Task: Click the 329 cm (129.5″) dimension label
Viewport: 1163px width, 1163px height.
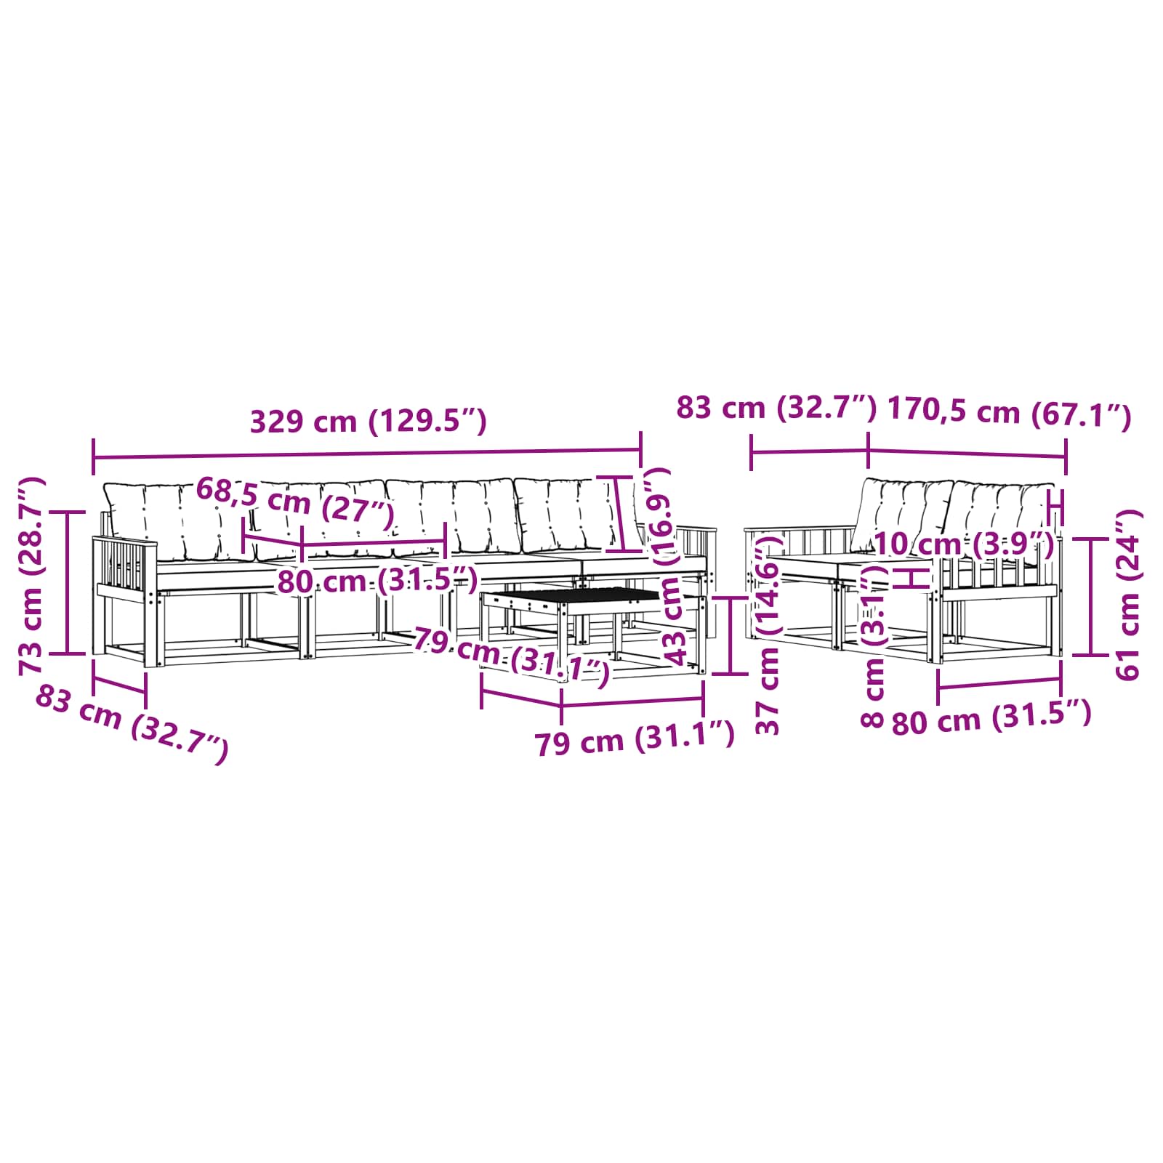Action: tap(368, 422)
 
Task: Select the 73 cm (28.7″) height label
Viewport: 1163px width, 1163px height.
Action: tap(32, 576)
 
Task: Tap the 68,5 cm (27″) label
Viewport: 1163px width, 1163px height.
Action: tap(295, 504)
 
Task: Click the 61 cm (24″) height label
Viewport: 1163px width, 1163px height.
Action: tap(1128, 595)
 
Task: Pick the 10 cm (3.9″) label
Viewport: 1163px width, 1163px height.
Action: tap(964, 544)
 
